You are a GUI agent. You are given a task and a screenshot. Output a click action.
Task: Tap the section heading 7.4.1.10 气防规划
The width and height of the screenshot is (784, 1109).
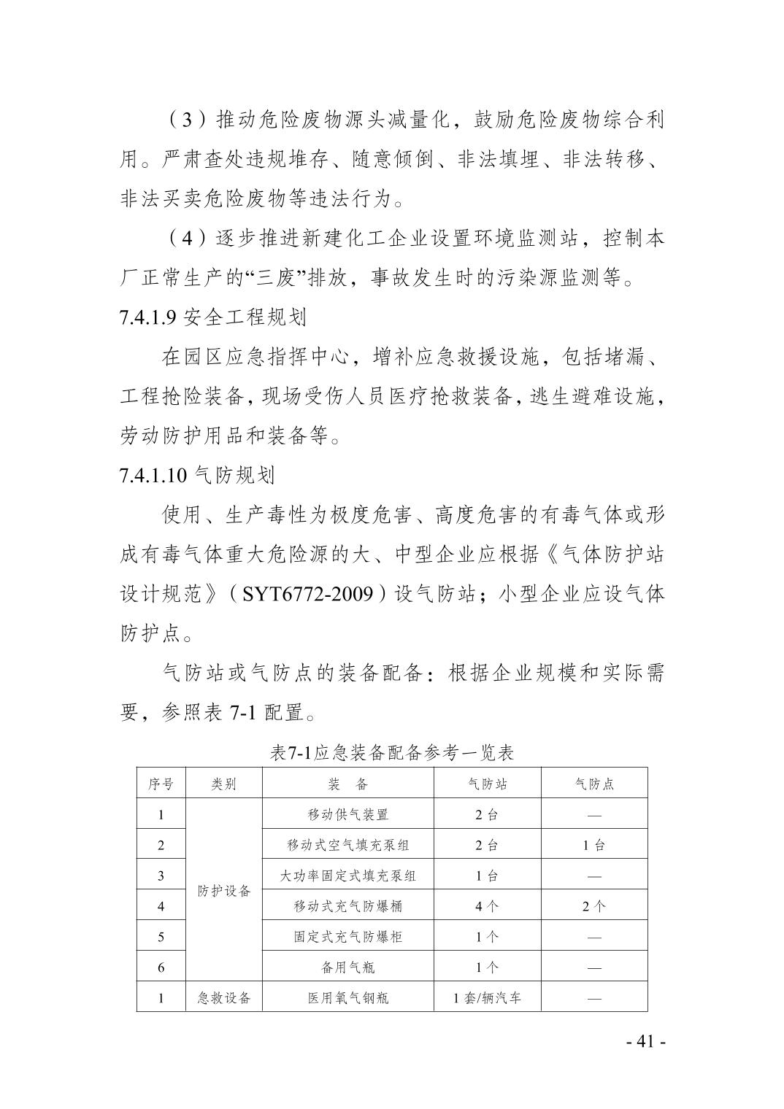(197, 476)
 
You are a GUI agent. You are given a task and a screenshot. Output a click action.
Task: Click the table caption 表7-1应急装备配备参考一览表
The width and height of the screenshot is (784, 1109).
(392, 753)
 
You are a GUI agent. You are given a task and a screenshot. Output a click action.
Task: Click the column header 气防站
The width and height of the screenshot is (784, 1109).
(487, 784)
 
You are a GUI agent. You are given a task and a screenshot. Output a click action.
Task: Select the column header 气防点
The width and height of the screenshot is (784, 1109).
(594, 784)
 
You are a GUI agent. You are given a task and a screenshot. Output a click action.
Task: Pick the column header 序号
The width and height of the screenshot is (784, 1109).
(161, 784)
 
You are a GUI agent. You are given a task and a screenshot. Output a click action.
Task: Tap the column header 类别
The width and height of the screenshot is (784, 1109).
(224, 784)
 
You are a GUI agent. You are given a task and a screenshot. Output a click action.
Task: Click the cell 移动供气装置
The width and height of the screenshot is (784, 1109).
(347, 814)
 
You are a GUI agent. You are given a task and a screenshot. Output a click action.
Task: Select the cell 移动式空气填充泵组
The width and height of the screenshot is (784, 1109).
(347, 845)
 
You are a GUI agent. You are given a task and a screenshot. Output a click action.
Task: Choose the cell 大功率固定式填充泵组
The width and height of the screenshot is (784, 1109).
(347, 876)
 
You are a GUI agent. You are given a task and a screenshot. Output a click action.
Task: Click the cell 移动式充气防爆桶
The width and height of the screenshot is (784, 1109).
(347, 906)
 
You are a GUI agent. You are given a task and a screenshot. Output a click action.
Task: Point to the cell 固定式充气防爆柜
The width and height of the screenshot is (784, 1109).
(347, 937)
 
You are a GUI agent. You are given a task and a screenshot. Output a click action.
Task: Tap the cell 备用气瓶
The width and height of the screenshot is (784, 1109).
(347, 967)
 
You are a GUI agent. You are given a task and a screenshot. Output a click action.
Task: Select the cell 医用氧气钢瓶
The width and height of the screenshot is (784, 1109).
(347, 997)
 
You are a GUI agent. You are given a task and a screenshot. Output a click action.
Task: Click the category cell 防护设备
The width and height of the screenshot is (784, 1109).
(224, 891)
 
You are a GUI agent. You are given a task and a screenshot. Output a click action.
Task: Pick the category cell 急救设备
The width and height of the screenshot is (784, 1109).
(224, 997)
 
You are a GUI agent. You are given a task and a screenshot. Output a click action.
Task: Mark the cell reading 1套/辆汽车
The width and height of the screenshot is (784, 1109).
(487, 997)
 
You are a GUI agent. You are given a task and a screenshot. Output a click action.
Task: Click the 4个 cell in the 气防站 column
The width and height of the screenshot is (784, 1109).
(487, 906)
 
